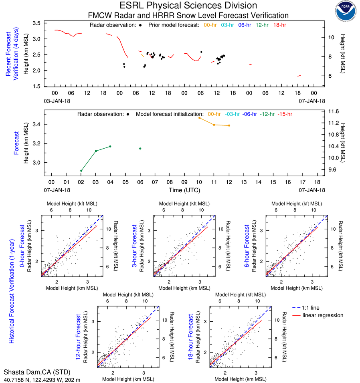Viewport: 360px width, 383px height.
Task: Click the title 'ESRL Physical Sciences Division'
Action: coord(188,6)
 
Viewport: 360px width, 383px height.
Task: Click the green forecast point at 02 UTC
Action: coord(81,171)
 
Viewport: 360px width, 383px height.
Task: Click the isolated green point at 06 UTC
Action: coord(140,149)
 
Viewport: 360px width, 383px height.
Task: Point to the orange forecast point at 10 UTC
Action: coord(199,118)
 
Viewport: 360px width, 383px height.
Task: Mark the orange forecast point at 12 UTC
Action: coord(229,125)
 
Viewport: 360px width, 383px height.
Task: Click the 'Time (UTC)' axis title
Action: coord(185,190)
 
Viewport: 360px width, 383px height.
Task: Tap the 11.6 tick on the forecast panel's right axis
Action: coord(334,111)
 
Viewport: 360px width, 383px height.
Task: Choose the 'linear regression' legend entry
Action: coord(323,315)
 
